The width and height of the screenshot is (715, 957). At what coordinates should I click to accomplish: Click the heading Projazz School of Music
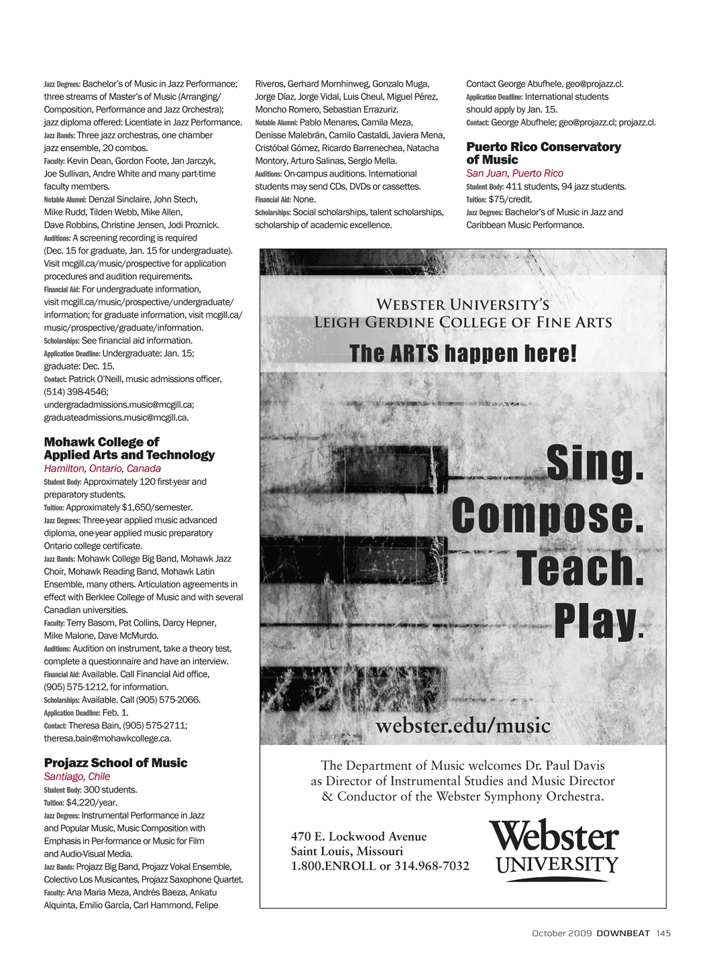tap(115, 763)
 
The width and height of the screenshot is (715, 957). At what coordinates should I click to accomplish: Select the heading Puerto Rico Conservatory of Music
tap(543, 153)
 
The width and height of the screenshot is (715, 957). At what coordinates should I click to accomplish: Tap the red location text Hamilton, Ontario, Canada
tap(102, 469)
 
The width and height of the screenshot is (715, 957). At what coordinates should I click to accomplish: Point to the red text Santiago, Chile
tap(76, 777)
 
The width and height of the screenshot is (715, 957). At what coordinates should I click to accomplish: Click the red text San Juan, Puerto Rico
tap(514, 173)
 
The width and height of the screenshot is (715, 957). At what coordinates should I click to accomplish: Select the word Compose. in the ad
tap(547, 516)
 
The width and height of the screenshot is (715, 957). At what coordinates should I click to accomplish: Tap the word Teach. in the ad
tap(580, 569)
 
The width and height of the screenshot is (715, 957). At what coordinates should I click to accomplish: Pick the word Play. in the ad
tap(598, 622)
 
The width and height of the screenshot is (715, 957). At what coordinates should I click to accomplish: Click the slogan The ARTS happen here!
tap(463, 353)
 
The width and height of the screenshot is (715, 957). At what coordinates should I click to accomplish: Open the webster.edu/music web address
tap(463, 726)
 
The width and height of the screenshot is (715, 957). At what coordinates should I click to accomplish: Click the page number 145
tap(663, 934)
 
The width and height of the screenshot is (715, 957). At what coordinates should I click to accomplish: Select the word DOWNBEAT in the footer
tap(623, 934)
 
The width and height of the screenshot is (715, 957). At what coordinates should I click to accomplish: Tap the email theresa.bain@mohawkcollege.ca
tap(107, 738)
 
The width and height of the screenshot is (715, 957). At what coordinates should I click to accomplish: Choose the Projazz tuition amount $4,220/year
tap(91, 803)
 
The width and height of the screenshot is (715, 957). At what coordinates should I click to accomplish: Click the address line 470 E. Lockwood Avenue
tap(358, 837)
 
